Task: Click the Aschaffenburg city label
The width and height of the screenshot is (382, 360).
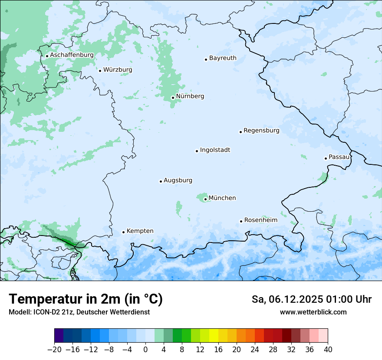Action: point(72,55)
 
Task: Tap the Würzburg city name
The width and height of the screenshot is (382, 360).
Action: point(118,70)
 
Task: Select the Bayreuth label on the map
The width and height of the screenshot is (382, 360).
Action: point(223,58)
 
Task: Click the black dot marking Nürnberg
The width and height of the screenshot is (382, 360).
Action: point(173,98)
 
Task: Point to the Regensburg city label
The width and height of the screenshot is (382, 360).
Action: point(261,131)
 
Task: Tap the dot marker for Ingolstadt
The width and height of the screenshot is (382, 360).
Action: point(197,151)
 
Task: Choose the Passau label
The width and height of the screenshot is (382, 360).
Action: point(339,157)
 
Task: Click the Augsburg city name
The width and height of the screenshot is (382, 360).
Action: point(178,180)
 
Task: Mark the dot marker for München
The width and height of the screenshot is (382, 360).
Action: point(205,200)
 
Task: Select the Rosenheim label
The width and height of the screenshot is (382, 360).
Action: point(260,220)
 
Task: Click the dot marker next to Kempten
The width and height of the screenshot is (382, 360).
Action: point(123,232)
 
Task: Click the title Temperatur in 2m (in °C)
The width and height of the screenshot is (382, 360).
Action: point(86,299)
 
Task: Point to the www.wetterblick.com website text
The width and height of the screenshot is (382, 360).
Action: point(313,312)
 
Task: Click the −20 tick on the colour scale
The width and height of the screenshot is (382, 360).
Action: point(55,349)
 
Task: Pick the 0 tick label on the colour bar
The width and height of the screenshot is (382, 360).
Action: point(145,349)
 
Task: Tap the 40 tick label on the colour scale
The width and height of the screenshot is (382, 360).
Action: point(328,349)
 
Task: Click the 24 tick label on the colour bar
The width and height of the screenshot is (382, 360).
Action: point(255,349)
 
